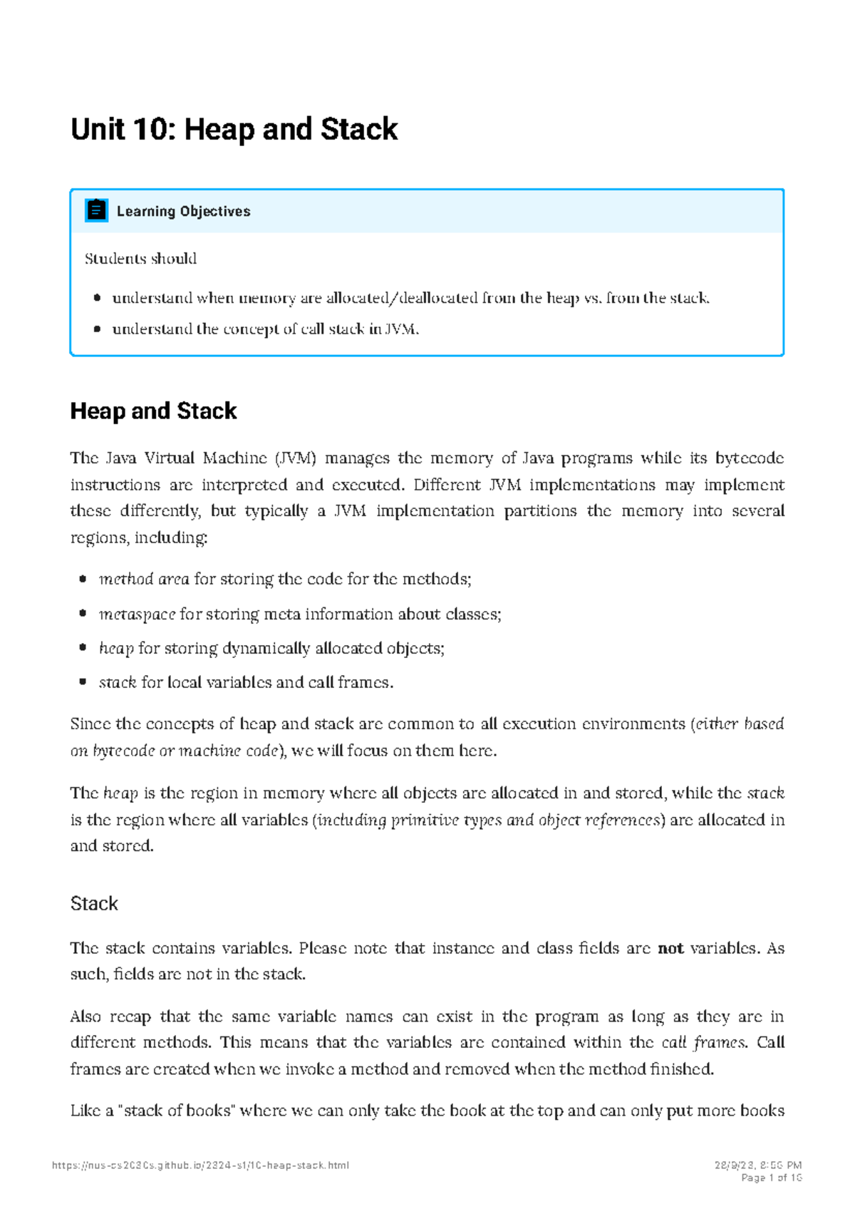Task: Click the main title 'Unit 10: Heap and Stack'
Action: [234, 130]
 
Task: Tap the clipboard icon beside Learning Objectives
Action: [96, 210]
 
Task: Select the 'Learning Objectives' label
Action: [183, 211]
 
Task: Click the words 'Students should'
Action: [140, 259]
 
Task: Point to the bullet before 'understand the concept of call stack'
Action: [97, 329]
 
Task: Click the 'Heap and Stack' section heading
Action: [153, 411]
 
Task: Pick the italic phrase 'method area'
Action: [144, 579]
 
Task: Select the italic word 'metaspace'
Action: [137, 614]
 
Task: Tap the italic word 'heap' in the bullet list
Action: [116, 648]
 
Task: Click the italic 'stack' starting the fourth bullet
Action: [118, 682]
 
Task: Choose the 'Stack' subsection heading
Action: [94, 903]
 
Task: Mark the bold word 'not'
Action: [670, 948]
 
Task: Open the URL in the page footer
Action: [200, 1166]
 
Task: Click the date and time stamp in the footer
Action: [758, 1166]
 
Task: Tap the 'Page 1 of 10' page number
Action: [772, 1178]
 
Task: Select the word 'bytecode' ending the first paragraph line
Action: [750, 458]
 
